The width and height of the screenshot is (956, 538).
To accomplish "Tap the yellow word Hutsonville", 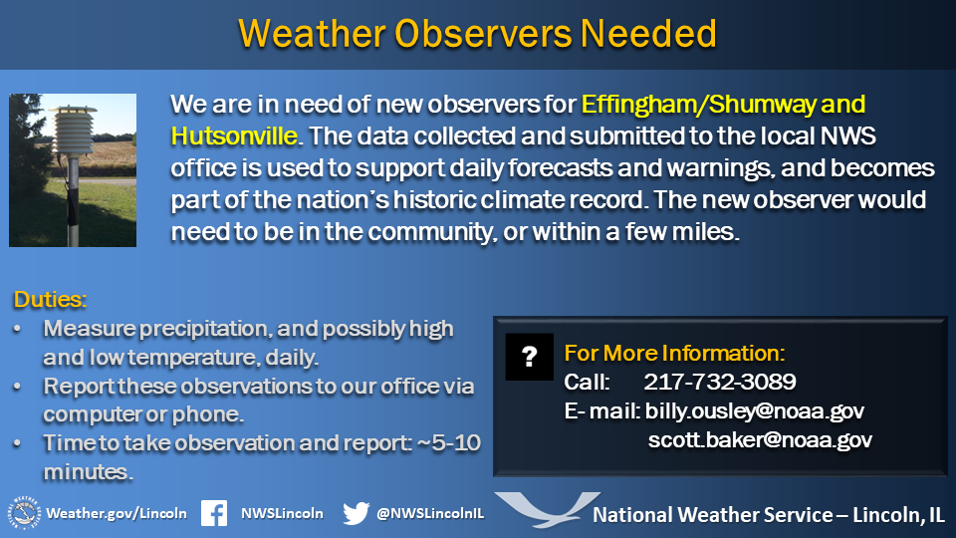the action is click(234, 136).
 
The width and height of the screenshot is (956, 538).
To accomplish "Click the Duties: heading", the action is click(50, 299).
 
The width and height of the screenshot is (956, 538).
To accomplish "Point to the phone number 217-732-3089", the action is click(720, 382).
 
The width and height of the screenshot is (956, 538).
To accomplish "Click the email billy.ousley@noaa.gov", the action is click(755, 411).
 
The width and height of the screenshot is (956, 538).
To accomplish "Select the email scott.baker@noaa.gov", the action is click(760, 439).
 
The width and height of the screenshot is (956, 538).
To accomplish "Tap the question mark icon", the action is click(529, 357).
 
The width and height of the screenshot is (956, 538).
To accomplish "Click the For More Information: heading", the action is click(674, 353).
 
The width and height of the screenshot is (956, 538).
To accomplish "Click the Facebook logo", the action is click(214, 513).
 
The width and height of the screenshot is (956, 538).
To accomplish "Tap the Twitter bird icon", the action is click(357, 513).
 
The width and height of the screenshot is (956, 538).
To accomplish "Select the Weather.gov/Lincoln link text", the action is click(117, 514).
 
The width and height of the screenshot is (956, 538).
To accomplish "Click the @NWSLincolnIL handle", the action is click(430, 514).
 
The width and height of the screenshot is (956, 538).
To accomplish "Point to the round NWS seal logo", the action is click(24, 513).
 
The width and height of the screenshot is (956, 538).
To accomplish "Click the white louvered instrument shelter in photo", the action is click(73, 131).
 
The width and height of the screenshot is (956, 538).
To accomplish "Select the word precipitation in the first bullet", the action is click(203, 329).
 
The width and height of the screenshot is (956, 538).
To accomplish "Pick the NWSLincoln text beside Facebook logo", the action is click(282, 514).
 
